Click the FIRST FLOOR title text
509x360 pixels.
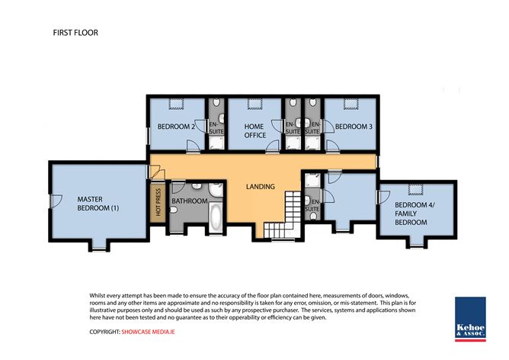75,33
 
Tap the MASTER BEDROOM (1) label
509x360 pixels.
98,204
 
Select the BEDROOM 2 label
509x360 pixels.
176,127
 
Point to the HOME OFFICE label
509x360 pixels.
254,130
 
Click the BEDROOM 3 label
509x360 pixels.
354,127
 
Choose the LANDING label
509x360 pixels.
261,187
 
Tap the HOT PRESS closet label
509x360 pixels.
158,202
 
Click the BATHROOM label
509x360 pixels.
190,201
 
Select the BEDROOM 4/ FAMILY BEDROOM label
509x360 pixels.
415,214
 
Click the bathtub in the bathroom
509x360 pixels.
216,216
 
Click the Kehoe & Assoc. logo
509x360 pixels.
470,319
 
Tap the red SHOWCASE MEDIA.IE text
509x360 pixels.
148,332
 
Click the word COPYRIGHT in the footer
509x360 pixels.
104,332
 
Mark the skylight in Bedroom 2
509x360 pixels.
177,104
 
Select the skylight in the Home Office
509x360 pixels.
254,104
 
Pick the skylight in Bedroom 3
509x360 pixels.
351,104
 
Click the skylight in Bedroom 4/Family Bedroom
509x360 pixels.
416,189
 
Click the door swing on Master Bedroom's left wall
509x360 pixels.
56,201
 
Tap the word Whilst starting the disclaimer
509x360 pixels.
98,296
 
